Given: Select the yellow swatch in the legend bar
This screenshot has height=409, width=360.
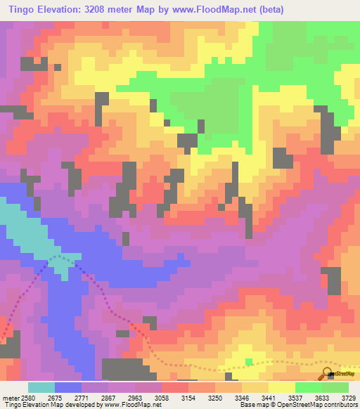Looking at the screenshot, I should [x=281, y=387].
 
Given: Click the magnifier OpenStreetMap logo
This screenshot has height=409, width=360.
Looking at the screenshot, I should [x=328, y=374].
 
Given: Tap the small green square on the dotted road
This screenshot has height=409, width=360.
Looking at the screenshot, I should [x=249, y=362].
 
